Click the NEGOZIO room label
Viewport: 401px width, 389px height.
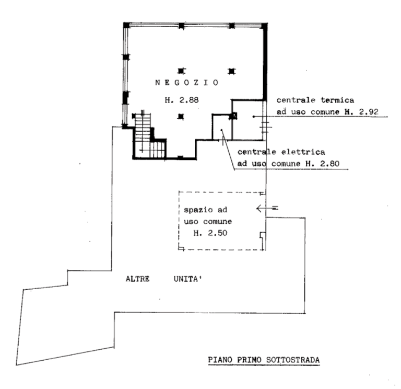187,83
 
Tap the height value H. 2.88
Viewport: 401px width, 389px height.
182,100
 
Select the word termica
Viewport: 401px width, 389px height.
337,100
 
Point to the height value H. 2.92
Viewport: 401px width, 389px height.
361,112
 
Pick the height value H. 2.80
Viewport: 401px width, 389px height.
323,163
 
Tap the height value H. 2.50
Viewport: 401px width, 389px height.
210,233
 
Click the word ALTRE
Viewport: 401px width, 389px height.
138,279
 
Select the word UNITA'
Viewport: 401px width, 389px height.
188,279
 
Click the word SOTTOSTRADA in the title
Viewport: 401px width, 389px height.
293,360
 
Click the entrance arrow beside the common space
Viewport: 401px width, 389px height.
267,209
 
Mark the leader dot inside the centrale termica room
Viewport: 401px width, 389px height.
254,117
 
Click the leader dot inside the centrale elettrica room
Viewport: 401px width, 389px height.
222,130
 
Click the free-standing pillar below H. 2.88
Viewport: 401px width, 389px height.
181,117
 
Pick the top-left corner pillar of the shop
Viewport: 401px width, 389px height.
126,25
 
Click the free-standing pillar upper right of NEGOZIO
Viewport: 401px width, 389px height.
231,71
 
